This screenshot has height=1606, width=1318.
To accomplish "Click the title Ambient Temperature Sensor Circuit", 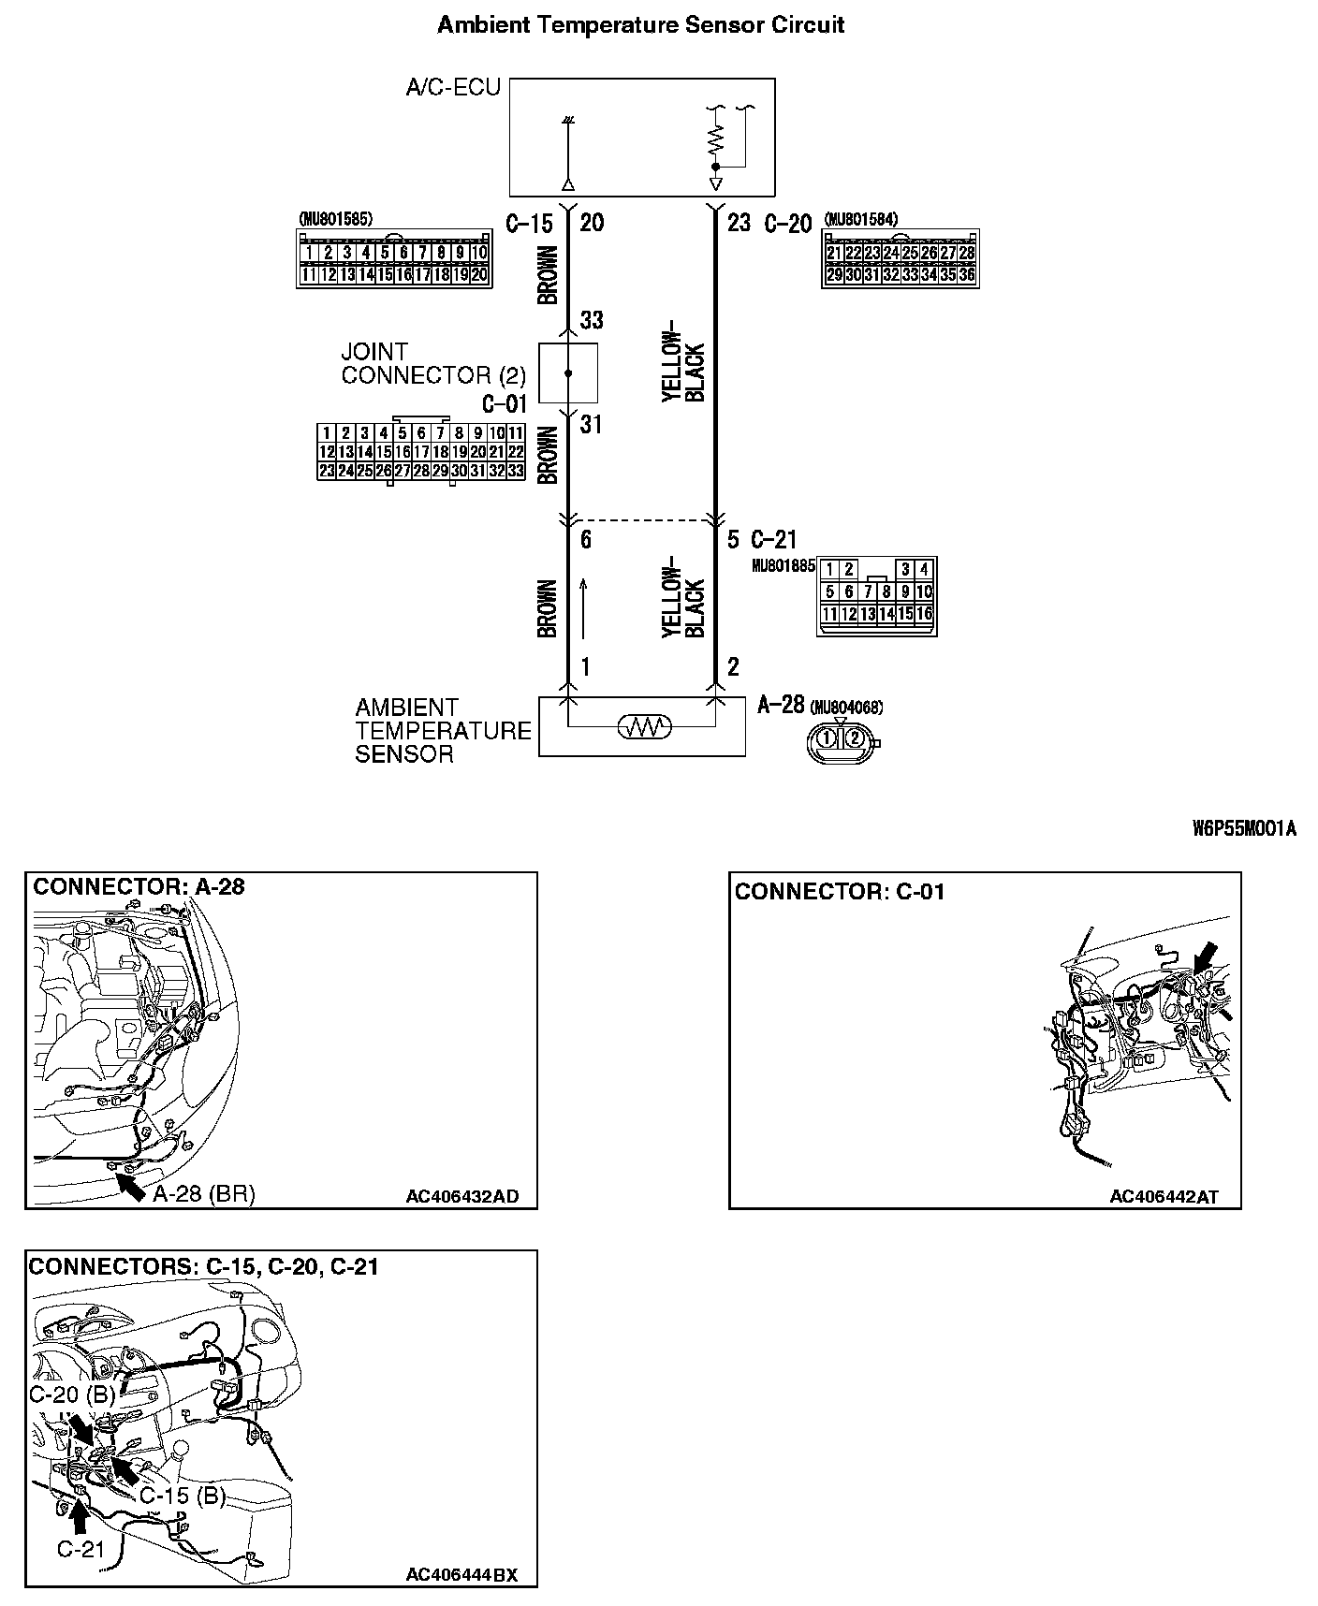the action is [640, 25].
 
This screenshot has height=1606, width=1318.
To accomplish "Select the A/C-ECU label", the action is [453, 88].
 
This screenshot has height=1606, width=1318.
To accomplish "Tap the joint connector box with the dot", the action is [568, 373].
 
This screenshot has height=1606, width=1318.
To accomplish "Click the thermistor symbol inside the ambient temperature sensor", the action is [644, 726].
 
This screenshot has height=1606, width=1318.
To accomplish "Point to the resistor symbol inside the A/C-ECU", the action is [716, 141].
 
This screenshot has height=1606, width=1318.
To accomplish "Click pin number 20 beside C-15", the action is [592, 224].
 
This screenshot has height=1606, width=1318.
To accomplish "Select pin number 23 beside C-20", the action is [740, 224].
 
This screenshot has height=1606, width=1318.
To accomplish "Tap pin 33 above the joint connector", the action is [592, 321].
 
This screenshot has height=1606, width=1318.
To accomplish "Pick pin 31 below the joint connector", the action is [592, 426].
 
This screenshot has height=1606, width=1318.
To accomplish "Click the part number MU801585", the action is [335, 220].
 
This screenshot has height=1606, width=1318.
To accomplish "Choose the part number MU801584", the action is [860, 220].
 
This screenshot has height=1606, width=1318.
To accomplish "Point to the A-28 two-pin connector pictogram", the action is [841, 739].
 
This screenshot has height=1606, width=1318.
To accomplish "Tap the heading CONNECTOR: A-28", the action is [139, 887].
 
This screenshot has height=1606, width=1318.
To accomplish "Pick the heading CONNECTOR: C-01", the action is [840, 892].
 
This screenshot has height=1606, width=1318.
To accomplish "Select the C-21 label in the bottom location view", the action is [81, 1550].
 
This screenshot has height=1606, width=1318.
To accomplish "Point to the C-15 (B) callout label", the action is [183, 1496].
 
